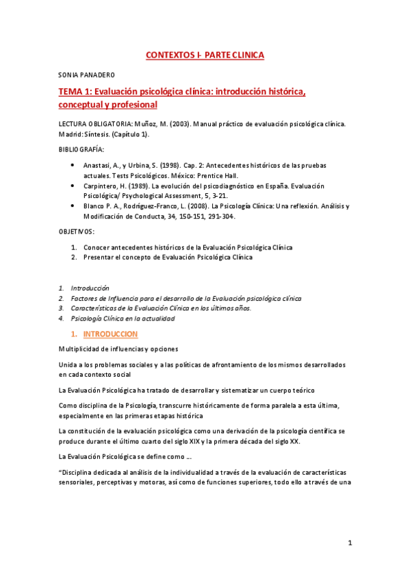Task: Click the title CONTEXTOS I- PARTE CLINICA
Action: pos(205,55)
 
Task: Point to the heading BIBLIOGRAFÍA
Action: pos(81,149)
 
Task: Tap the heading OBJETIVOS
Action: pos(76,232)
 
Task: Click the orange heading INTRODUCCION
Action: pos(110,334)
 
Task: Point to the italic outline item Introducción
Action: pos(90,288)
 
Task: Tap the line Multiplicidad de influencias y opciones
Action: pos(118,349)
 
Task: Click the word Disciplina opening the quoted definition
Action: pos(79,472)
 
